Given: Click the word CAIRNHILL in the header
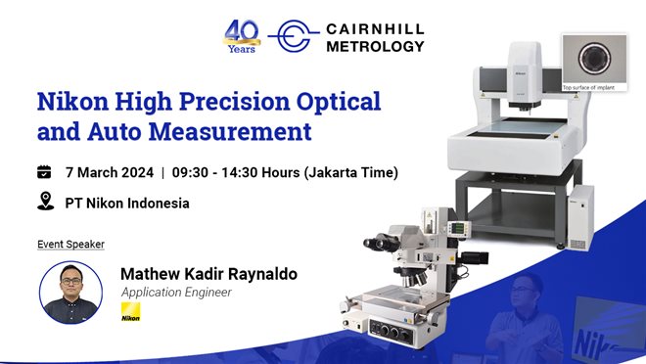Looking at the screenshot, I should (x=374, y=27).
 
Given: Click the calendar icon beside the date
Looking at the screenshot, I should (x=44, y=172).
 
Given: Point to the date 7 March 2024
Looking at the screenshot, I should (x=109, y=172).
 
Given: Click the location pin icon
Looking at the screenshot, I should (x=44, y=202).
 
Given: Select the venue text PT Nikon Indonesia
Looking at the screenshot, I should (x=127, y=203).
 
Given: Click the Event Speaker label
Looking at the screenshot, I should (x=70, y=243).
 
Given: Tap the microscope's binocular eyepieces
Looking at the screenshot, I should (x=381, y=241).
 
